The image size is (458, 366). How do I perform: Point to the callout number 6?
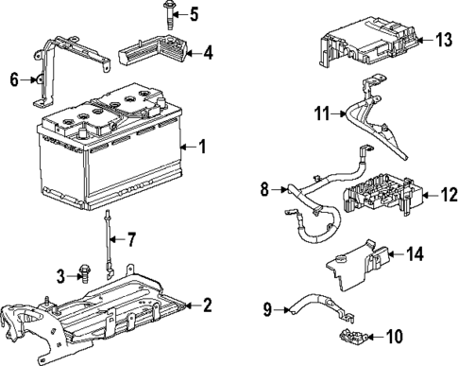point(14,80)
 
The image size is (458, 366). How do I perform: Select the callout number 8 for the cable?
point(265,190)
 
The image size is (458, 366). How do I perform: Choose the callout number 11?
point(321,113)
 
